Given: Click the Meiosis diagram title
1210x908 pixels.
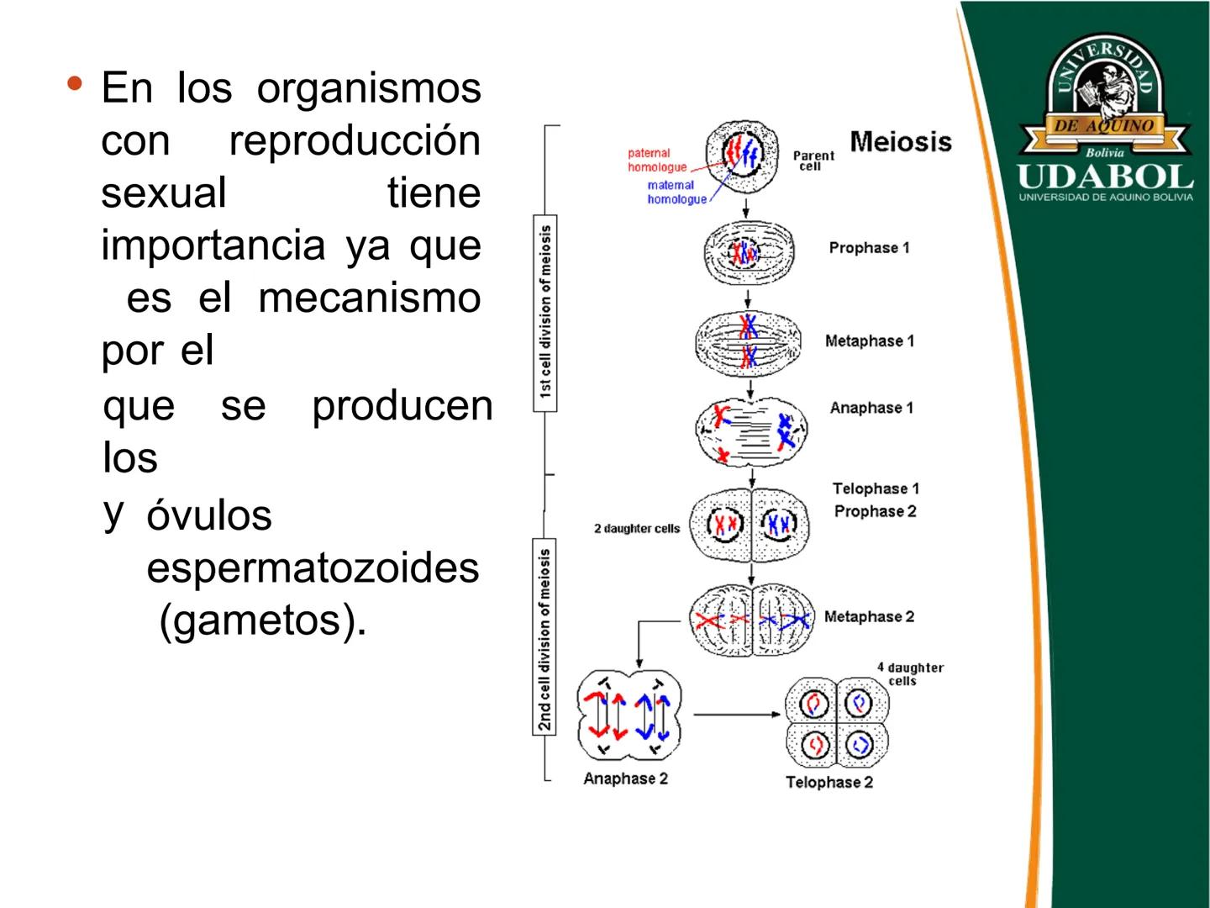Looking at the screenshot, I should pos(900,141).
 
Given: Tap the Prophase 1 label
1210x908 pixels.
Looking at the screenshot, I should pos(869,248).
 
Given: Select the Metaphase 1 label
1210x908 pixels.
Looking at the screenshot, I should pos(869,340).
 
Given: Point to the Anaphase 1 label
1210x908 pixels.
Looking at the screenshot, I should pos(871,408).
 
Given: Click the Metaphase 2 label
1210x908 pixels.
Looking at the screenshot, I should pos(868,617).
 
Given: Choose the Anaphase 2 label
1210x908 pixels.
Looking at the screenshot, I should pos(625,779).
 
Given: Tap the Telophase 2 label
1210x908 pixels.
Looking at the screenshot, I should pos(829,782).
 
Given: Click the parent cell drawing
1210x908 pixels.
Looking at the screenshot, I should pos(743,156).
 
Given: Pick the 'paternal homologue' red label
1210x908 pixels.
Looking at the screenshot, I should pos(657,160).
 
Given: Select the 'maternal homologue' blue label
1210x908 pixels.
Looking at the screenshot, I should pos(676,192).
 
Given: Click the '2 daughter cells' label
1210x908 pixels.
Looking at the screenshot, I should pos(636,529).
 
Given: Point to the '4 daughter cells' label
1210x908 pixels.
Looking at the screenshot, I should pos(910,673).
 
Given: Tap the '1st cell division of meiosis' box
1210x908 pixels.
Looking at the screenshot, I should pos(545,312).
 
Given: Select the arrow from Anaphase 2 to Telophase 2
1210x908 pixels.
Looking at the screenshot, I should pos(736,715).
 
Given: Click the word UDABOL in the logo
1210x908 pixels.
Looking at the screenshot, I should pos(1105,177).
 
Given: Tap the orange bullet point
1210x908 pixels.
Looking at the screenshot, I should pos(76,84).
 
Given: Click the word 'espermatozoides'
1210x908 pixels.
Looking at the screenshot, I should pos(313,567).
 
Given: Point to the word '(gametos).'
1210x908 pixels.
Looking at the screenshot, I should pos(263,620).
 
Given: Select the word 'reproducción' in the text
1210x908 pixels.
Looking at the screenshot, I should pos(354,140).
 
